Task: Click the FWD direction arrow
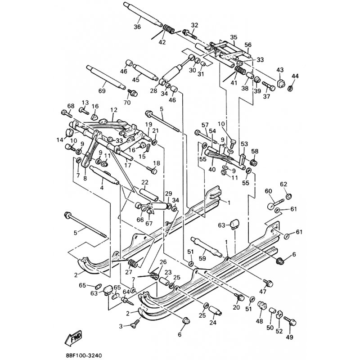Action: pyautogui.click(x=74, y=338)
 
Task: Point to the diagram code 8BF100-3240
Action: pyautogui.click(x=86, y=355)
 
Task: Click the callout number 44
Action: pyautogui.click(x=295, y=75)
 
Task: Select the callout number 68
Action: pyautogui.click(x=70, y=106)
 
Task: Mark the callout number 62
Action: pyautogui.click(x=283, y=184)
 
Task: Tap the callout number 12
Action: pyautogui.click(x=113, y=109)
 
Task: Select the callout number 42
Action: pyautogui.click(x=162, y=42)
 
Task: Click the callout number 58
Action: pyautogui.click(x=255, y=151)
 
